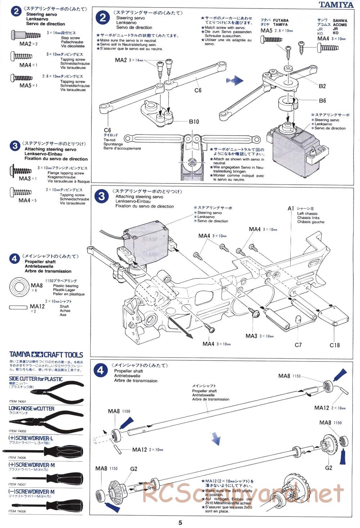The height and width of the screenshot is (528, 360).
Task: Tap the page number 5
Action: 180,523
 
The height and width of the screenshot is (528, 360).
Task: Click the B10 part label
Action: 194,122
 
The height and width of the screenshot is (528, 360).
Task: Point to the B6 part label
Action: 322,101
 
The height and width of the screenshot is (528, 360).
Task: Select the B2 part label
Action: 322,86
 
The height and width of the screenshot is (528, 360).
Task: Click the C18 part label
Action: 334,345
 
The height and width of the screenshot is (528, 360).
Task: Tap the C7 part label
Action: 298,345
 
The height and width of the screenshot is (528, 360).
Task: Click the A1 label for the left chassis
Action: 291,208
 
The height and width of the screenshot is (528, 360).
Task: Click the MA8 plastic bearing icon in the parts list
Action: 19,287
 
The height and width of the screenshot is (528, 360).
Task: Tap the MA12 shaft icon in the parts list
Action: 19,307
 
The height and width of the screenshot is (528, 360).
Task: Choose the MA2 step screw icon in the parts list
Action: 26,35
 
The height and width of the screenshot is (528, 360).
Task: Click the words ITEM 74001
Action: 18,401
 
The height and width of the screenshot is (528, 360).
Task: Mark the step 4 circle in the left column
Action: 14,259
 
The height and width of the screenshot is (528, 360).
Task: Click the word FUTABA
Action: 280,21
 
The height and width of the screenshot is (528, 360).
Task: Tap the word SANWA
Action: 340,21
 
